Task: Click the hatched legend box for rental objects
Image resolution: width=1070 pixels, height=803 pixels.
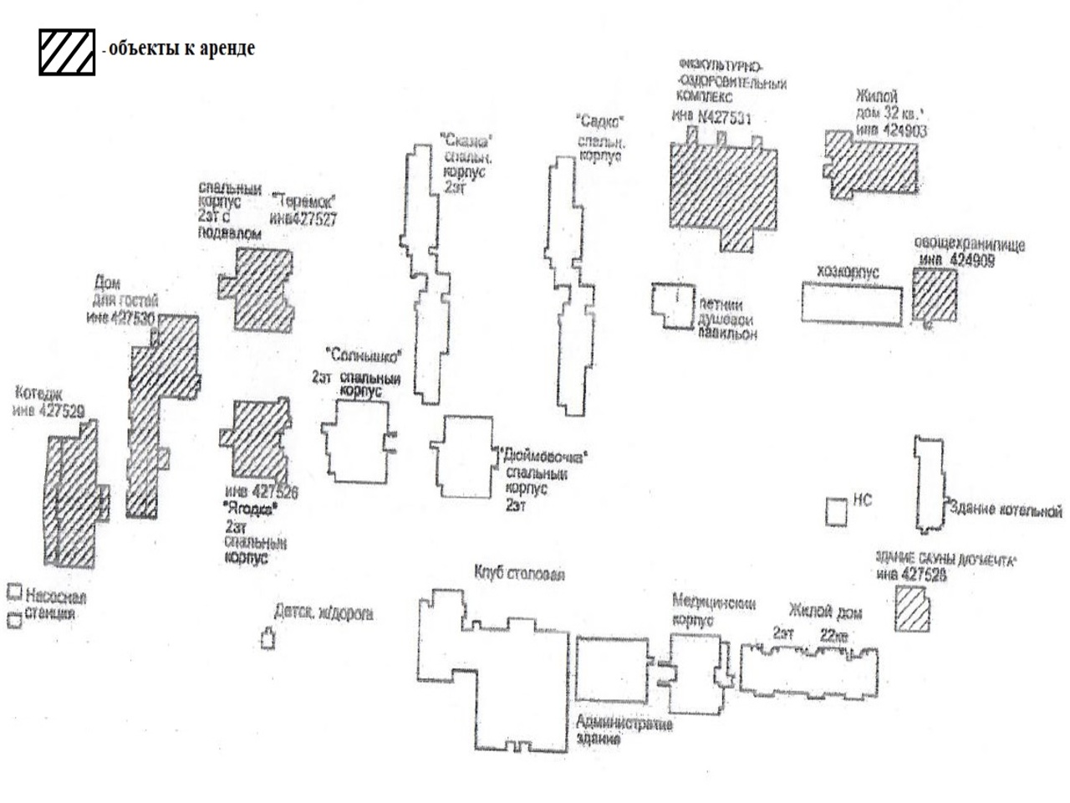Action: tap(67, 52)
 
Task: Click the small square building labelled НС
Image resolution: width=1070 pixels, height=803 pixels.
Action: tap(836, 511)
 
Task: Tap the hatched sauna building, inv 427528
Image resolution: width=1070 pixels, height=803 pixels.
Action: tap(911, 609)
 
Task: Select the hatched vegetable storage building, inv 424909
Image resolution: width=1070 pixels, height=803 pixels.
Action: tap(934, 295)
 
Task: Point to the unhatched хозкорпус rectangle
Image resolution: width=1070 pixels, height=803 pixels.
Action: tap(852, 303)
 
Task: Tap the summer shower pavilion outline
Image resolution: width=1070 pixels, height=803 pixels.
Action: tap(673, 304)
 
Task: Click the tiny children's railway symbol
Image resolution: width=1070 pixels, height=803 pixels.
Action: tap(267, 640)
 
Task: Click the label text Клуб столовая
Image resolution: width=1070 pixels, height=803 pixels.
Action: tap(519, 574)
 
